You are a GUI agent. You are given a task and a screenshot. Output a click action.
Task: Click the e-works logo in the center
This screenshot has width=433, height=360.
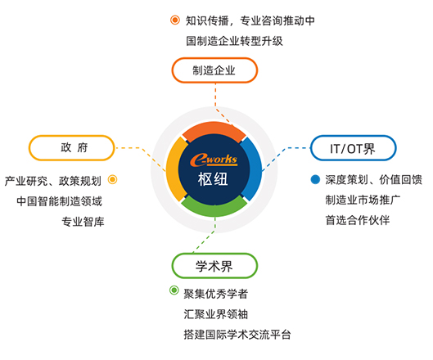pyautogui.click(x=214, y=160)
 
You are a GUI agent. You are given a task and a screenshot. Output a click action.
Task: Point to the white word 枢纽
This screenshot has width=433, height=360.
pyautogui.click(x=213, y=179)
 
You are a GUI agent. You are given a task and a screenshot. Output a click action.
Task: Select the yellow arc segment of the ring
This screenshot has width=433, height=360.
pyautogui.click(x=174, y=169)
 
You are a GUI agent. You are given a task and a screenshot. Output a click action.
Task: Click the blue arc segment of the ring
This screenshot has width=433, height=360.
pyautogui.click(x=253, y=169)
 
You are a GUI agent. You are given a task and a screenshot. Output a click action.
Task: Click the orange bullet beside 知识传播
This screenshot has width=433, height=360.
pyautogui.click(x=175, y=20)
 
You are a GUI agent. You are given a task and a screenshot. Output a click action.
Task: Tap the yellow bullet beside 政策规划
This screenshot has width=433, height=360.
pyautogui.click(x=112, y=179)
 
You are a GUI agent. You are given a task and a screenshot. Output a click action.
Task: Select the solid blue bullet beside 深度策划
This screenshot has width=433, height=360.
pyautogui.click(x=315, y=179)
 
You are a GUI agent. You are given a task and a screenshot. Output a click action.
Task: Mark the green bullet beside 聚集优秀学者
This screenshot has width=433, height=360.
pyautogui.click(x=174, y=290)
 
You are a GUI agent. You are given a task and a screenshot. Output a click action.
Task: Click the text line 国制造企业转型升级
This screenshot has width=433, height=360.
pyautogui.click(x=234, y=41)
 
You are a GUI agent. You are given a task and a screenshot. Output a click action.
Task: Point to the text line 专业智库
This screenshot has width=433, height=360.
pyautogui.click(x=83, y=222)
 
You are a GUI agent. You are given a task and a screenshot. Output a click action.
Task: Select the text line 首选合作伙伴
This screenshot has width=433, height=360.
pyautogui.click(x=358, y=220)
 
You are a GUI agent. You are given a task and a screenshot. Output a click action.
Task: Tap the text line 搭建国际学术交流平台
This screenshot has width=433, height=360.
pyautogui.click(x=237, y=335)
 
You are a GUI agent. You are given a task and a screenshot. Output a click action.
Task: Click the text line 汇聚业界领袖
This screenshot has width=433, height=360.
pyautogui.click(x=215, y=314)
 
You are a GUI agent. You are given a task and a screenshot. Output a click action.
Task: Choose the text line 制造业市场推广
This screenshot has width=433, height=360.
pyautogui.click(x=363, y=200)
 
